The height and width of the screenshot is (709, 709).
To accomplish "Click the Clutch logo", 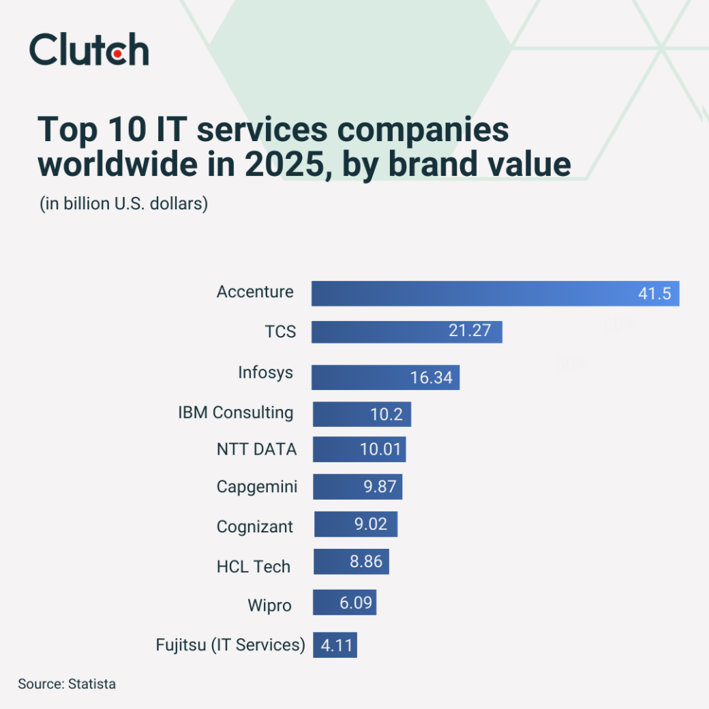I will coord(89,50).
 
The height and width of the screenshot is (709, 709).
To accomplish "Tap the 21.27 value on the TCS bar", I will coord(469,331).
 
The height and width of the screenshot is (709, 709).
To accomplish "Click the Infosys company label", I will coord(265,373).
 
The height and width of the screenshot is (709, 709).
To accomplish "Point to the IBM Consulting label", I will coord(236,412).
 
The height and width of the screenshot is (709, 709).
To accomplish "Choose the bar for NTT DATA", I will coord(359,450).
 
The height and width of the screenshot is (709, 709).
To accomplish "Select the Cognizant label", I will coord(255,526).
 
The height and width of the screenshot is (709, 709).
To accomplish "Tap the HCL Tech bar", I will coord(351,562).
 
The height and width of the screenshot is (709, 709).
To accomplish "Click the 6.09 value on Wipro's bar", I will coord(357,603).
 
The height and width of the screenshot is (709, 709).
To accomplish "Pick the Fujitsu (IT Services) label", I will coord(230,644).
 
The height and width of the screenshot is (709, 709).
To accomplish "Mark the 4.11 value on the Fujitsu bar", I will coord(337,645).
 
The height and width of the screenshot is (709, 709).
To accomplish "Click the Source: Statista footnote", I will coord(67,684).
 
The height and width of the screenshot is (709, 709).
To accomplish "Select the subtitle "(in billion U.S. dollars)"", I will coord(123,204).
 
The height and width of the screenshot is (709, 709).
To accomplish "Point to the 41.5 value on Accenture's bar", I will coord(654,294).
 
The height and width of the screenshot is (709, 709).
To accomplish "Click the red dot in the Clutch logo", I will coord(117,52).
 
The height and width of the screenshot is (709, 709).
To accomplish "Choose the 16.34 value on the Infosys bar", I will coord(431,377).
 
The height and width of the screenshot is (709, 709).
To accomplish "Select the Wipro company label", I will coord(269,605).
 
